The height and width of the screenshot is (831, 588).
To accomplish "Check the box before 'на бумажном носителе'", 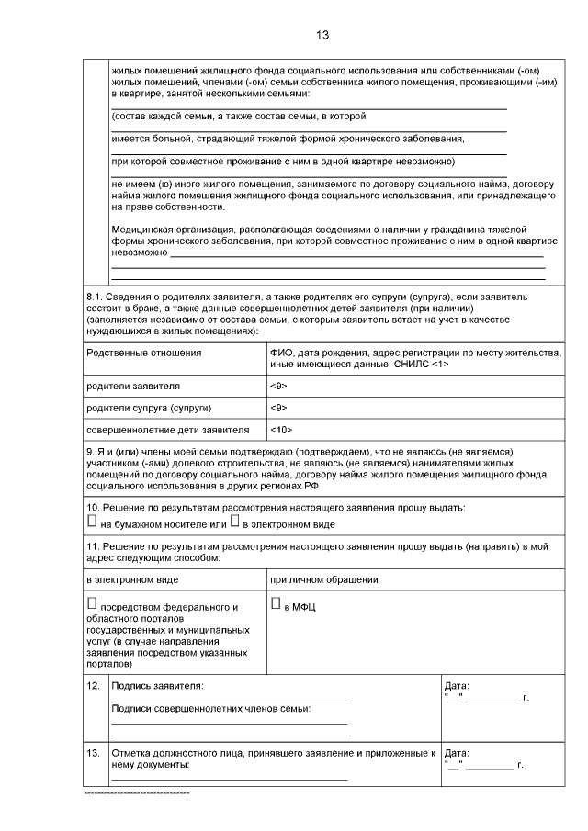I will [x=92, y=521].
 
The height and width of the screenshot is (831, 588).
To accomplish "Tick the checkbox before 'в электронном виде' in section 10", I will [x=235, y=521].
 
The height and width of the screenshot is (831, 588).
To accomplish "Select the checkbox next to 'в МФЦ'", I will [x=276, y=604].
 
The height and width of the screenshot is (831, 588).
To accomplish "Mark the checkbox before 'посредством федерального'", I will [x=92, y=604].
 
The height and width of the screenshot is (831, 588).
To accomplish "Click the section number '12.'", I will [x=93, y=686].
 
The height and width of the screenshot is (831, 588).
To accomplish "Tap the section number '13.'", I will [x=93, y=752].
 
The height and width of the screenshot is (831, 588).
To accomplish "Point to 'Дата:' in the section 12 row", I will [x=457, y=686].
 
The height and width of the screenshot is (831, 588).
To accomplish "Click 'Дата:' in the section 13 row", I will [x=457, y=752].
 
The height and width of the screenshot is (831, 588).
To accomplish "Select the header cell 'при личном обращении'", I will [x=324, y=579].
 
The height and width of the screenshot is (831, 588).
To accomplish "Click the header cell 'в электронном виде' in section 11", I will [x=132, y=579].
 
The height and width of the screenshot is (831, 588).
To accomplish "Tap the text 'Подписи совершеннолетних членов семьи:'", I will [x=210, y=708].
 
